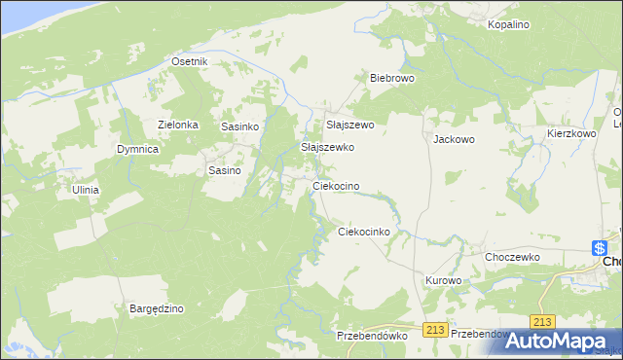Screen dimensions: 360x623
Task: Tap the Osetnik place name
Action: [x=190, y=61]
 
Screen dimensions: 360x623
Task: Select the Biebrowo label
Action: [x=392, y=78]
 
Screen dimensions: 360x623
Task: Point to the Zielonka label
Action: [x=178, y=125]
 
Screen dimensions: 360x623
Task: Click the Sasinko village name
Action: [x=239, y=126]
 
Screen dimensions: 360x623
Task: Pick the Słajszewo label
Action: [x=349, y=125]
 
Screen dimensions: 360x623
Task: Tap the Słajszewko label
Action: [x=327, y=147]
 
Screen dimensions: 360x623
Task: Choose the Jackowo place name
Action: [x=454, y=139]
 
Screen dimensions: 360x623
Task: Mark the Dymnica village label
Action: [x=137, y=149]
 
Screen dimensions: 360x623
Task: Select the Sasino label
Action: [x=225, y=170]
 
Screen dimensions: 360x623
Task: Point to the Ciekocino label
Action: [x=336, y=185]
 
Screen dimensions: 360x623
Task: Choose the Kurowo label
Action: [x=443, y=280]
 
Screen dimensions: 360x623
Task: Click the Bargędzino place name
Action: [x=157, y=308]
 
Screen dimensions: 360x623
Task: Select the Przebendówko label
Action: [x=370, y=335]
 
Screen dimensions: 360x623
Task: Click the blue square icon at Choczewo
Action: [x=600, y=248]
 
